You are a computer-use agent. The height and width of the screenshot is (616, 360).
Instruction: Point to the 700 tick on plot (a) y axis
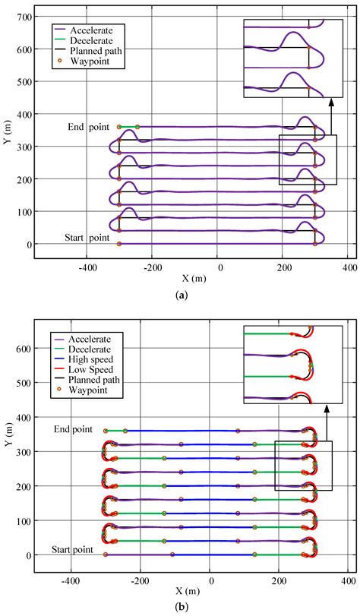coord(27,16)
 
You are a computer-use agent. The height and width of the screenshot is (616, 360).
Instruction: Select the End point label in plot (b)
coord(73,430)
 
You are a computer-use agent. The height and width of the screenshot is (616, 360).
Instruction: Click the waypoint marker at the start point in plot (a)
coord(119,244)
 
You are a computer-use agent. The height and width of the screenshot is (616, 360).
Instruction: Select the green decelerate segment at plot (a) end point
coord(128,127)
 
